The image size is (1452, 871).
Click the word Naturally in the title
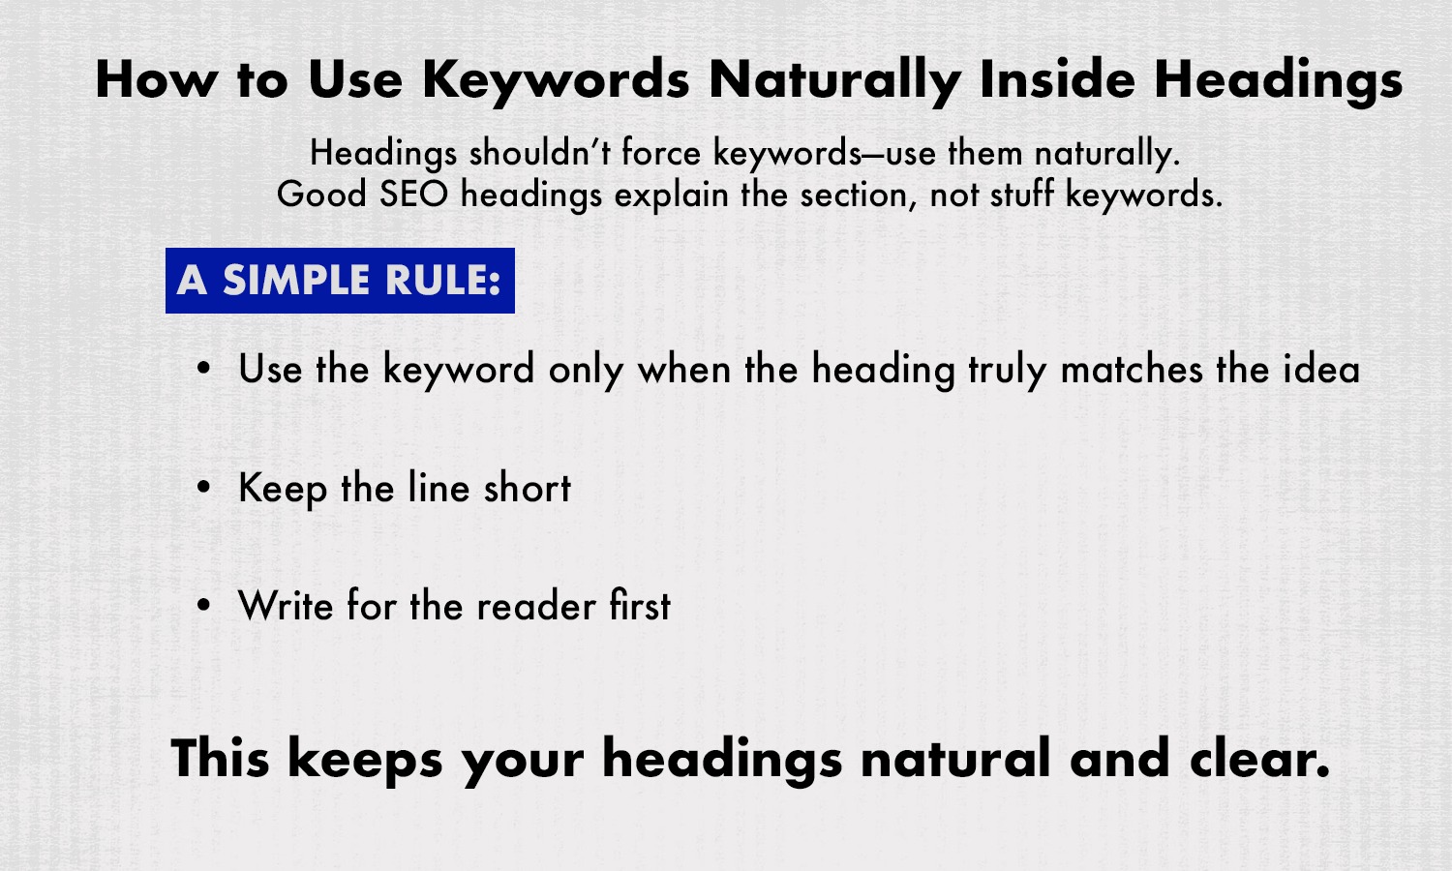pyautogui.click(x=833, y=79)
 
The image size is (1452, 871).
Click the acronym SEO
pyautogui.click(x=413, y=195)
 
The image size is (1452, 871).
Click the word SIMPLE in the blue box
pyautogui.click(x=295, y=281)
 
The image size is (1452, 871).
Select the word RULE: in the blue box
pyautogui.click(x=442, y=281)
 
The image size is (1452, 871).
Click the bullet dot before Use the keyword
pyautogui.click(x=203, y=370)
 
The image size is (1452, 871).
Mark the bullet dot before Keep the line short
pyautogui.click(x=203, y=489)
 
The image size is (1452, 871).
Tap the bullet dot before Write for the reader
pyautogui.click(x=203, y=607)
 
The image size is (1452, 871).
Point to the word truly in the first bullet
pyautogui.click(x=1008, y=370)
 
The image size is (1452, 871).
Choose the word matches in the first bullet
pyautogui.click(x=1132, y=370)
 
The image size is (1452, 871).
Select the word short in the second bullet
pyautogui.click(x=528, y=488)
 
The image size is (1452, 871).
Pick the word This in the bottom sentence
pyautogui.click(x=220, y=758)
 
